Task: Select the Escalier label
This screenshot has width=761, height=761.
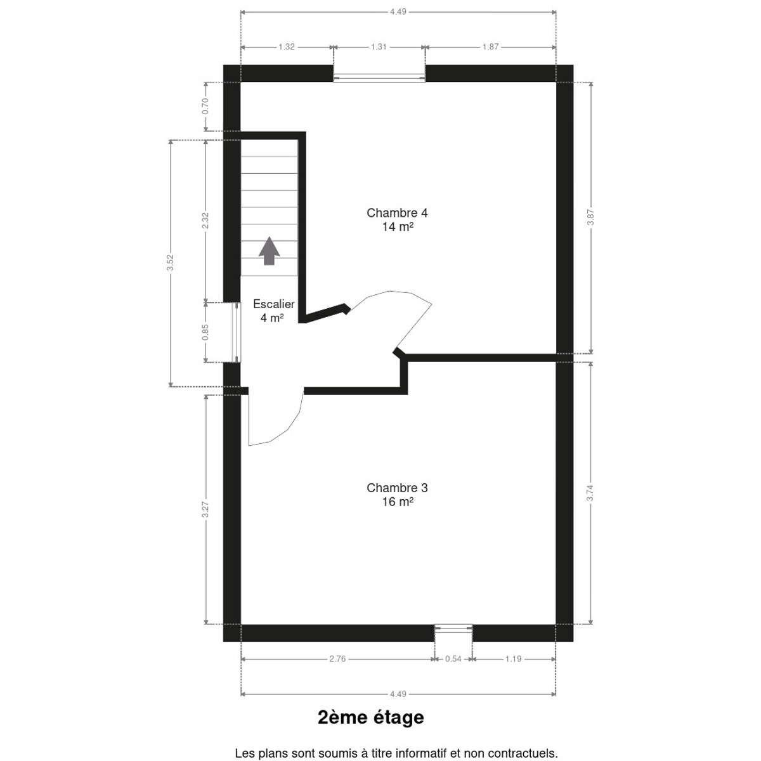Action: point(274,304)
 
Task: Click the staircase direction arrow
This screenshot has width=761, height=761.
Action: point(269,250)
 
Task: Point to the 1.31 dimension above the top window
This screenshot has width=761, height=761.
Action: point(379,47)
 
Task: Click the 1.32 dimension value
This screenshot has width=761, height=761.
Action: point(286,47)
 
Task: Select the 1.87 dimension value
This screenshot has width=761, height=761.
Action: point(490,47)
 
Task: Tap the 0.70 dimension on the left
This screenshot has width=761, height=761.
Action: point(205,107)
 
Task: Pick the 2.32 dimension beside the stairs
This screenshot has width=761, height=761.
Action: point(205,221)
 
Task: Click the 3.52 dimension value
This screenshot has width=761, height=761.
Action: point(170,263)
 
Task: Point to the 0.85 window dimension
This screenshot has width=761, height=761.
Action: point(205,332)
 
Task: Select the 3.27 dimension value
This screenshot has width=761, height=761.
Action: point(205,509)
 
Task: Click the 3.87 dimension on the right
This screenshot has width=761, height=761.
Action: point(590,218)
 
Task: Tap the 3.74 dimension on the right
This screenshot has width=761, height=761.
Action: point(590,493)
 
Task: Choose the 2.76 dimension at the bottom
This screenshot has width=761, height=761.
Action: point(337,659)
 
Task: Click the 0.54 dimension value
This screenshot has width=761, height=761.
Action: point(453,659)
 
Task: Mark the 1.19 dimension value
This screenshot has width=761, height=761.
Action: point(514,659)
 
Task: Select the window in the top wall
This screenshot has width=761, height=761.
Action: point(379,74)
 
